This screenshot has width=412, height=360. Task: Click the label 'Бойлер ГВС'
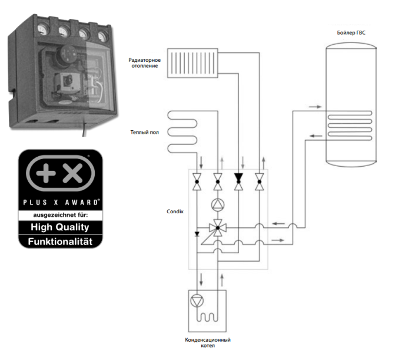point(351,32)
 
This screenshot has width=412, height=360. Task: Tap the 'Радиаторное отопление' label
point(145,63)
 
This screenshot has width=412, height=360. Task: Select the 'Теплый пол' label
point(145,132)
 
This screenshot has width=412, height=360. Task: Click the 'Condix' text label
point(175,212)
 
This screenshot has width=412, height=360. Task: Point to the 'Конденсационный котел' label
point(208,343)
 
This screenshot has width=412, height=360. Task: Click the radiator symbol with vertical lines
point(192,63)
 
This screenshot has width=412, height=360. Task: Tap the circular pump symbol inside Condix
point(218,204)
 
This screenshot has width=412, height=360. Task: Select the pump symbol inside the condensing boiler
point(197,301)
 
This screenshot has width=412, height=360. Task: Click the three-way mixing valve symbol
point(218,228)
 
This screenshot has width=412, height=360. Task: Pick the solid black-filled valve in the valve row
point(238,181)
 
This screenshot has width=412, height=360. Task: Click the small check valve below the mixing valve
point(197,234)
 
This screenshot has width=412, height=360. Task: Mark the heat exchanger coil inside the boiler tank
point(350,125)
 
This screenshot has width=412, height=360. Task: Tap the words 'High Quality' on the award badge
point(60,227)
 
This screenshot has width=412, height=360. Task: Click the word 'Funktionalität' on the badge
point(60,242)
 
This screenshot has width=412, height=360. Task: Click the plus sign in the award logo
point(46,173)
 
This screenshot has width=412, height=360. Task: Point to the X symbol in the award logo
point(72,173)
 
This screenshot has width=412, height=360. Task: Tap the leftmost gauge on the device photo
point(43,29)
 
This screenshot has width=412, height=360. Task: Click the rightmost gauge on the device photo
point(103,37)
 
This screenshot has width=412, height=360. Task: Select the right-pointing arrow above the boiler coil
point(315,107)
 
